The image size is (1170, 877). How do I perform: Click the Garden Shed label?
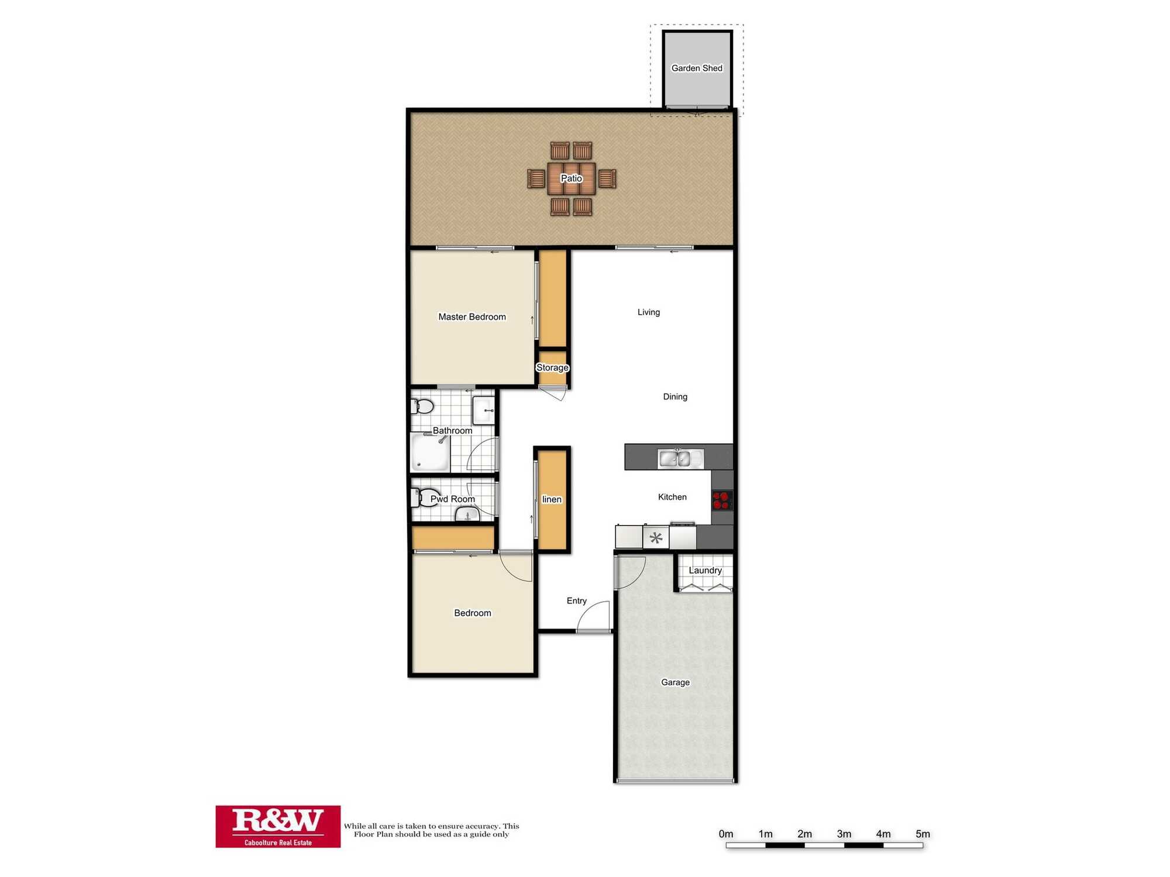click(697, 68)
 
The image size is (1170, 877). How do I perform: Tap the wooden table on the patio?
click(572, 178)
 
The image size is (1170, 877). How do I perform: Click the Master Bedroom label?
click(472, 317)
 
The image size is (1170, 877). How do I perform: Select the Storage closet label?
click(552, 368)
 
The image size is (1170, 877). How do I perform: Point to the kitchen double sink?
click(680, 459)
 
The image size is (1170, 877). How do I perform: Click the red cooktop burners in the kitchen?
click(721, 500)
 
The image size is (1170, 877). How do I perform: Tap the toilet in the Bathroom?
click(422, 406)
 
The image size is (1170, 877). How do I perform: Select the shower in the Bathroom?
click(430, 453)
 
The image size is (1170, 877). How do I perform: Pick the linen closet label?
click(552, 499)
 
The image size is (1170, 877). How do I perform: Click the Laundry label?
click(705, 570)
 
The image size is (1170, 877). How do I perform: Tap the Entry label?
click(576, 600)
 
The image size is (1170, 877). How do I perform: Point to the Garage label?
click(675, 682)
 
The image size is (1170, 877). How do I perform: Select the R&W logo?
click(278, 826)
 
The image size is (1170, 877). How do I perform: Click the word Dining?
click(675, 396)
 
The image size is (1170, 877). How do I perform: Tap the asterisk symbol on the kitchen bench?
click(656, 538)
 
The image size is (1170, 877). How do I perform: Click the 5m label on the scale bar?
click(923, 834)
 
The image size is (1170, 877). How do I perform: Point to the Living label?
click(648, 312)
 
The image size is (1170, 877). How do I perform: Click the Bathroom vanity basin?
click(484, 410)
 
